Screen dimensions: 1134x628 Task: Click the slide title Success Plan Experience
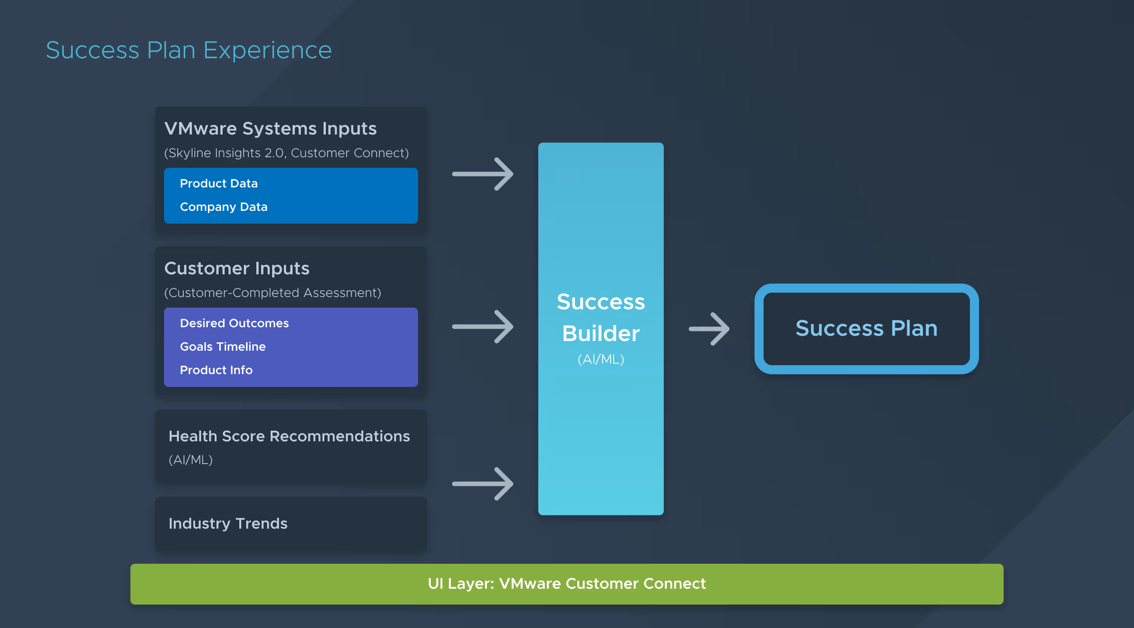tap(189, 50)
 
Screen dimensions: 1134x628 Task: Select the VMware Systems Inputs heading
tap(270, 128)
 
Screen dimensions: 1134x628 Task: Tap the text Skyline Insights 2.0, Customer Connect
tap(287, 153)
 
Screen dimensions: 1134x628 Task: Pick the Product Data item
tap(219, 184)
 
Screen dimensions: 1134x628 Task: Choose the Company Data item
tap(224, 207)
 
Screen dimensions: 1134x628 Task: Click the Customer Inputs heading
tap(237, 268)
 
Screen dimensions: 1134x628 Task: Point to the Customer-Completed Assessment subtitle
tap(273, 293)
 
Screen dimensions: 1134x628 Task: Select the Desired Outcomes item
tap(234, 323)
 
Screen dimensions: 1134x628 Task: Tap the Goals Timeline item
tap(223, 347)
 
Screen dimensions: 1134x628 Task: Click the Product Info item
tap(216, 370)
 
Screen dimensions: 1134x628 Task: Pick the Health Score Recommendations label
tap(289, 436)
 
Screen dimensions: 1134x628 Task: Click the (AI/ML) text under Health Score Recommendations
tap(191, 460)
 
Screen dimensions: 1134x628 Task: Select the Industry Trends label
tap(228, 524)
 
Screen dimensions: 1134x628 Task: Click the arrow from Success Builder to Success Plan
tap(709, 329)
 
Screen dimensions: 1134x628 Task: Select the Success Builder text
tap(601, 317)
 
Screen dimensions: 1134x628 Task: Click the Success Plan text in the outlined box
tap(866, 328)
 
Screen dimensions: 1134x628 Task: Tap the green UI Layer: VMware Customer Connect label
tap(567, 583)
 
